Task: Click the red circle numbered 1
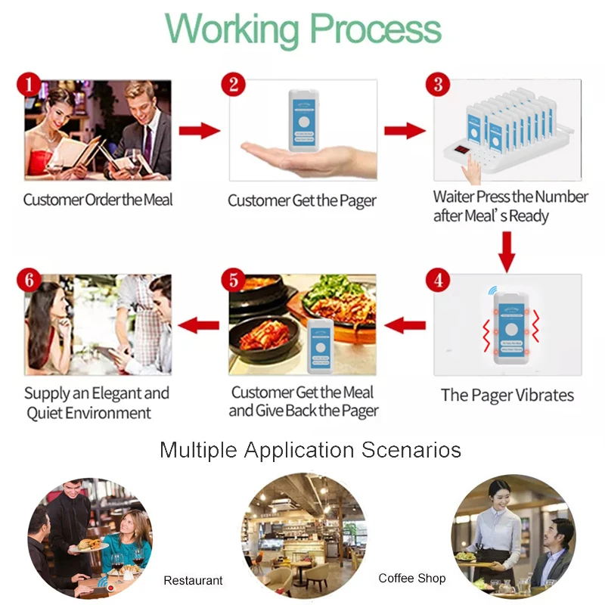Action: click(29, 83)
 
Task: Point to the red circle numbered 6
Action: click(29, 281)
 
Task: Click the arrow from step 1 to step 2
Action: click(199, 131)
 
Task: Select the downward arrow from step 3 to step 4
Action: click(507, 250)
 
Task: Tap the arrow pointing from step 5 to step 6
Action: click(198, 325)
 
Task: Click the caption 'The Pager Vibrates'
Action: click(507, 396)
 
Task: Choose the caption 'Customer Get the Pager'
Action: click(302, 200)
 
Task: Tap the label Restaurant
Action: click(193, 581)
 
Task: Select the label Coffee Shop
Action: click(412, 579)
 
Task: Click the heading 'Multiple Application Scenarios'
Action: click(310, 451)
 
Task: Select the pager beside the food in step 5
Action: click(323, 346)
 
